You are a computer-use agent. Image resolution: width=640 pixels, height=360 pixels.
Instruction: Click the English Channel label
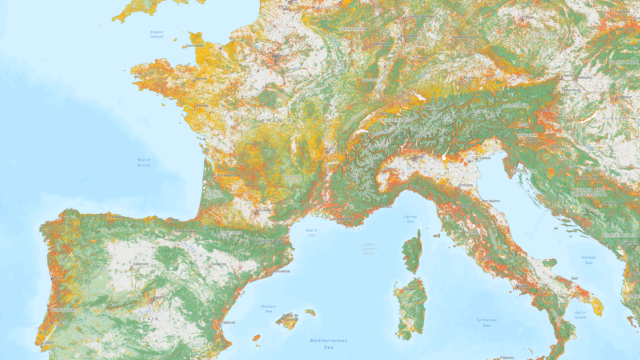[157, 34]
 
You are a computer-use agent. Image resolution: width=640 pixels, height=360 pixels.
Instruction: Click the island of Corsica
[412, 250]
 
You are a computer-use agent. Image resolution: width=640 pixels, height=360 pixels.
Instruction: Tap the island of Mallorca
[288, 320]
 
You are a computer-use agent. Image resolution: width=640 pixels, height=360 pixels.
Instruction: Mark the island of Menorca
[311, 312]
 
